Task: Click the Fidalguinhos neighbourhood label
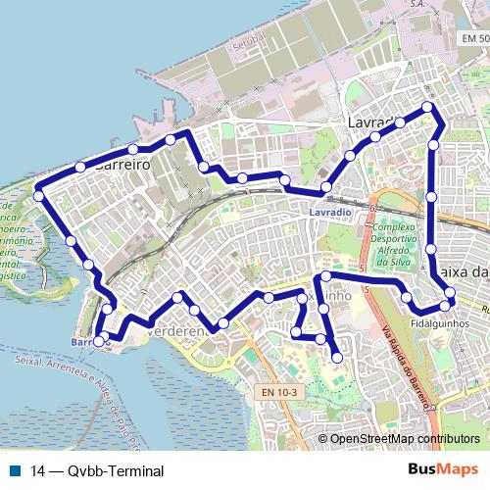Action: [x=437, y=321]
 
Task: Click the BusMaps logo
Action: [x=442, y=469]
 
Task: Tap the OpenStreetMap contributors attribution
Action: [x=405, y=439]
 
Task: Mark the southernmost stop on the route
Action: [x=337, y=358]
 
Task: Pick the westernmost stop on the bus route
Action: [x=38, y=196]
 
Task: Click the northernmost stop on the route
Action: [x=427, y=107]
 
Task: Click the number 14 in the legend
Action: [x=37, y=470]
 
